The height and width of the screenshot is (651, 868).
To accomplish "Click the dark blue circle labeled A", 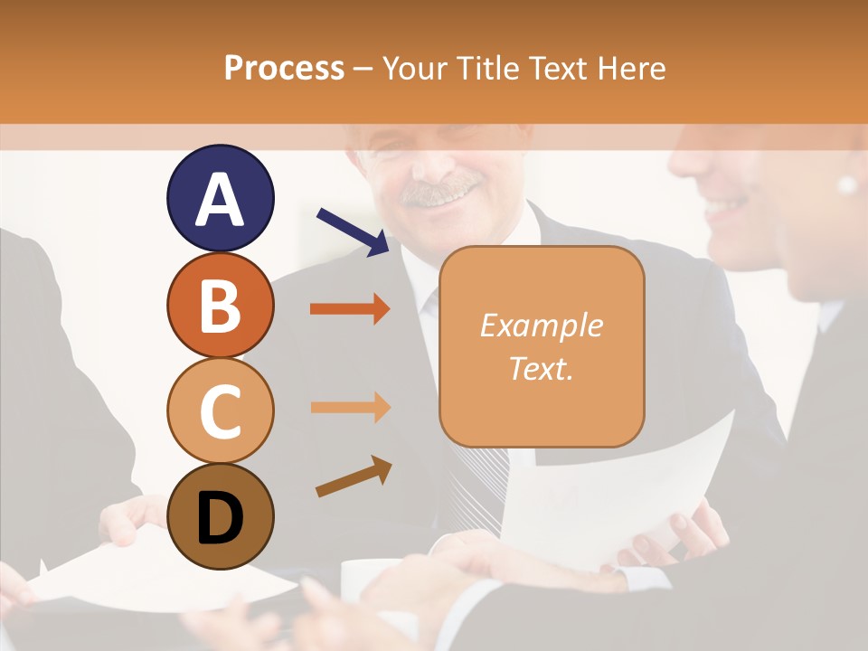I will coord(220,198).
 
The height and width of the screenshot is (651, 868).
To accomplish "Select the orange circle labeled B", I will coord(220,305).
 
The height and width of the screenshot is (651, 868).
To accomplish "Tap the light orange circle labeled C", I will coord(220,410).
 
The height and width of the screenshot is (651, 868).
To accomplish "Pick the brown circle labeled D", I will coord(220,516).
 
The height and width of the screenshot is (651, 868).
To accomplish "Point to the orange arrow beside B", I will coord(350,309).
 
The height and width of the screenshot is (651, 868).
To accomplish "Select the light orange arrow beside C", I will coord(350,407).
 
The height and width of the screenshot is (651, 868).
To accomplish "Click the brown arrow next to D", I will coord(354,476).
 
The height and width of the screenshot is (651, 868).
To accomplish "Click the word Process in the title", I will coord(284,68).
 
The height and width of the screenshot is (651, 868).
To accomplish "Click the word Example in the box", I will coord(541,325).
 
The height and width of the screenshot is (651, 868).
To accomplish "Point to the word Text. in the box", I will coord(541,368).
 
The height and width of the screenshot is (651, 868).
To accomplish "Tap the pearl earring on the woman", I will coord(847,184).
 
